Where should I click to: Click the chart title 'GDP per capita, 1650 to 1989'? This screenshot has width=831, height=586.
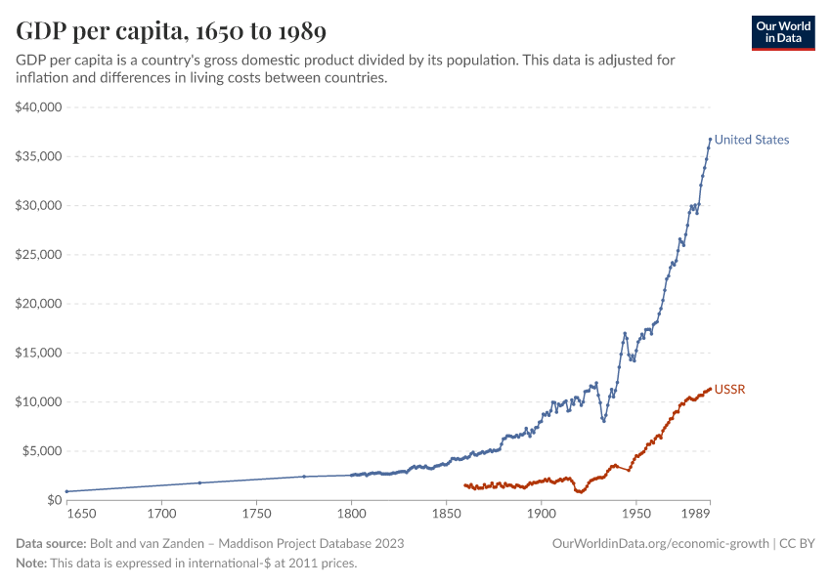tap(171, 31)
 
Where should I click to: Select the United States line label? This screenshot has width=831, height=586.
tap(751, 140)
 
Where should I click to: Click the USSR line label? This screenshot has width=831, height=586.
tap(730, 390)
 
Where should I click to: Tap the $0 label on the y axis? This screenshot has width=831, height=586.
tap(53, 500)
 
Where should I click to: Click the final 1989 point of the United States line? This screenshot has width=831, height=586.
tap(711, 140)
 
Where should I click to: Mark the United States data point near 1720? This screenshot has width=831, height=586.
tap(199, 482)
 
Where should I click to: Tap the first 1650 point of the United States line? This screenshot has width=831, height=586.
tap(66, 491)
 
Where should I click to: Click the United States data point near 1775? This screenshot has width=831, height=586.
tap(304, 477)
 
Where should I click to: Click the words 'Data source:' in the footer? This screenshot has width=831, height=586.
tap(51, 543)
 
